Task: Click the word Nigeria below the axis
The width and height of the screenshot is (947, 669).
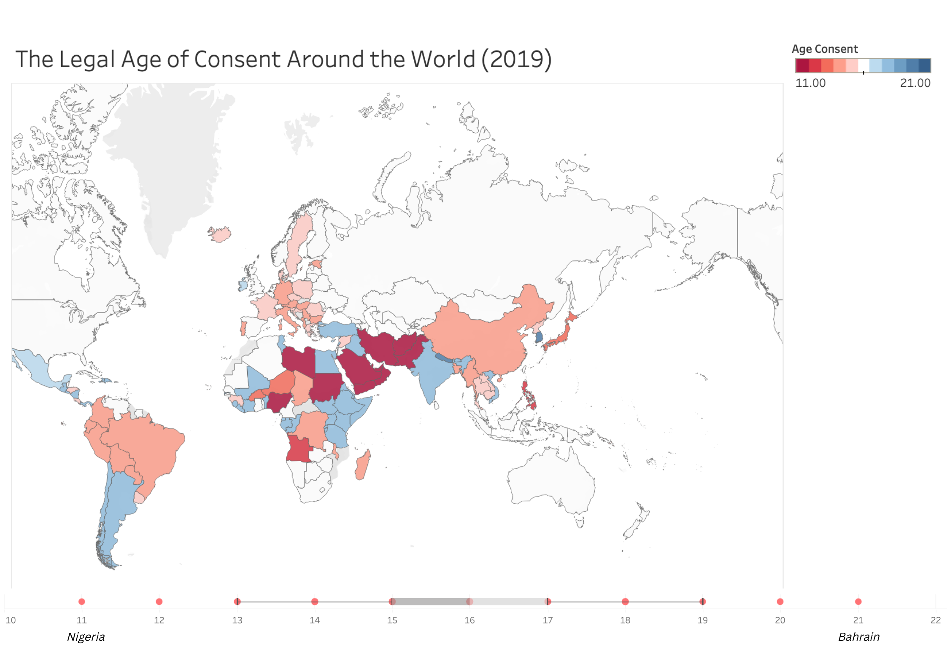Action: pos(86,637)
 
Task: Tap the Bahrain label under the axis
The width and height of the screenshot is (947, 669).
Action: pos(859,637)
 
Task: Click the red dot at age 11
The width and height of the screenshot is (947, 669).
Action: pos(82,602)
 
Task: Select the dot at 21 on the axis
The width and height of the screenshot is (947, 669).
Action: pos(858,602)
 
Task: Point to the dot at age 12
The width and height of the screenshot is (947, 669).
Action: pos(159,602)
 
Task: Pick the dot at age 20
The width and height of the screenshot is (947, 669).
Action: pos(780,602)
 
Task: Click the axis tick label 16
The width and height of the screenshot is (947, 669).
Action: pos(469,620)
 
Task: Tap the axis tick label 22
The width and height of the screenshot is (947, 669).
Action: pos(936,620)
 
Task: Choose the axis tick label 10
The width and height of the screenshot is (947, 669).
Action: pos(11,620)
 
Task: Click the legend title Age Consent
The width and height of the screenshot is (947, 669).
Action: pos(825,49)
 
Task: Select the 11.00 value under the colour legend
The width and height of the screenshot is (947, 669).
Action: pos(810,83)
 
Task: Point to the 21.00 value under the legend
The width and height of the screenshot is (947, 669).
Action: pos(915,83)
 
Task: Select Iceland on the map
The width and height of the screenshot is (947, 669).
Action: pos(220,234)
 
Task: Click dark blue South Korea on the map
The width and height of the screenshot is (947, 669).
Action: pos(539,337)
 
